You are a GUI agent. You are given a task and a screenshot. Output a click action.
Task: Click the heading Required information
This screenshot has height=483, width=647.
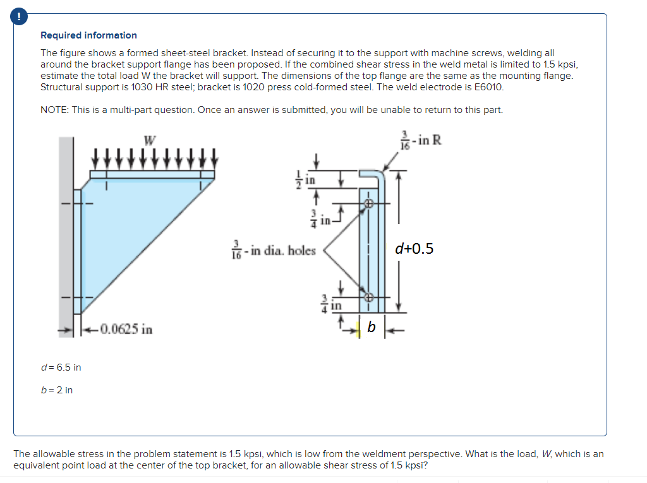point(88,35)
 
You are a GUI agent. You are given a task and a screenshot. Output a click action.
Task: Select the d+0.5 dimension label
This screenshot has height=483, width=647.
point(414,249)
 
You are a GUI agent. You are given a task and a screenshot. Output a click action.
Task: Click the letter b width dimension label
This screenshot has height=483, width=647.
point(372,327)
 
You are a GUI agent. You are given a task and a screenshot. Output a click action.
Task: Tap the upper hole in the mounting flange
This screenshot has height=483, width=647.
point(369,203)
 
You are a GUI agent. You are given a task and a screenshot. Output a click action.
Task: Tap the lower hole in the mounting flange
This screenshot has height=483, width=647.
point(369,296)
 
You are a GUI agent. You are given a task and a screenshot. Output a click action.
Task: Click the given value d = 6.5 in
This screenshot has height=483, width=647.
point(61,367)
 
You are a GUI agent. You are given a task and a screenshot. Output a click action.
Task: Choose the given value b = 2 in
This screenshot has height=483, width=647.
point(57,390)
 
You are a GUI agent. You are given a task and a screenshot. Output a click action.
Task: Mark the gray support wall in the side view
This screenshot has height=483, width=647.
point(66,227)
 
